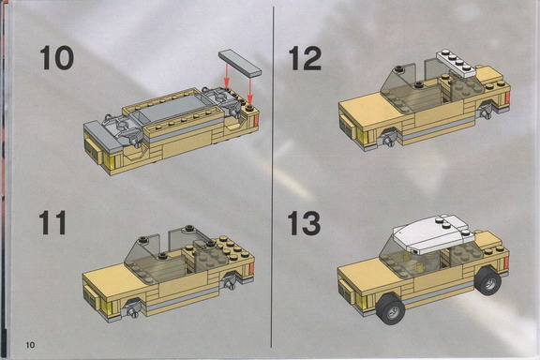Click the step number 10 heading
coord(57,58)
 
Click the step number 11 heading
coord(52,222)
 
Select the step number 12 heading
coord(305,58)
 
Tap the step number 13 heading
coord(304,223)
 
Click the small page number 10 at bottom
coord(30,344)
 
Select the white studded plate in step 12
coord(457,63)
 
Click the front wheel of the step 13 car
coord(391,308)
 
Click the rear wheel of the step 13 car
coord(488,280)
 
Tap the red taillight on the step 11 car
coord(251,268)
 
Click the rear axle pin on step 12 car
coord(487,114)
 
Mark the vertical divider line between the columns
coord(273,176)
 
